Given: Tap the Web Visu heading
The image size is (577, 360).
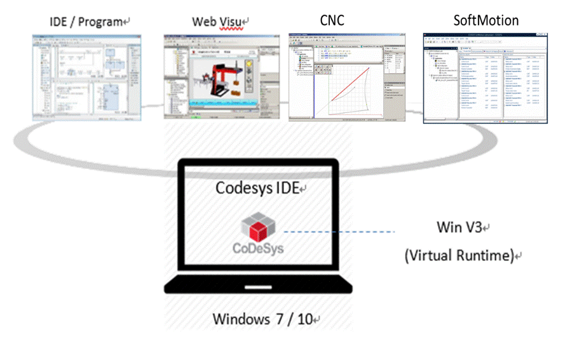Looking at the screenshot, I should click(217, 22).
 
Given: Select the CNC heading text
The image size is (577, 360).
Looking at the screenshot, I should click(332, 20).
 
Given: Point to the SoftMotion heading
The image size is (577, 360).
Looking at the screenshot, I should click(485, 20).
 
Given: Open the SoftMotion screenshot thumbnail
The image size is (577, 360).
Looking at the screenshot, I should click(485, 77).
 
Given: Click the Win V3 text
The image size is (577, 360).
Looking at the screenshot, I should click(459, 227).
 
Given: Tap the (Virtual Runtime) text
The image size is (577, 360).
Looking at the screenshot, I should click(459, 256).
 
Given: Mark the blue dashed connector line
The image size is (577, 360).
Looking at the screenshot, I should click(339, 232).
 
